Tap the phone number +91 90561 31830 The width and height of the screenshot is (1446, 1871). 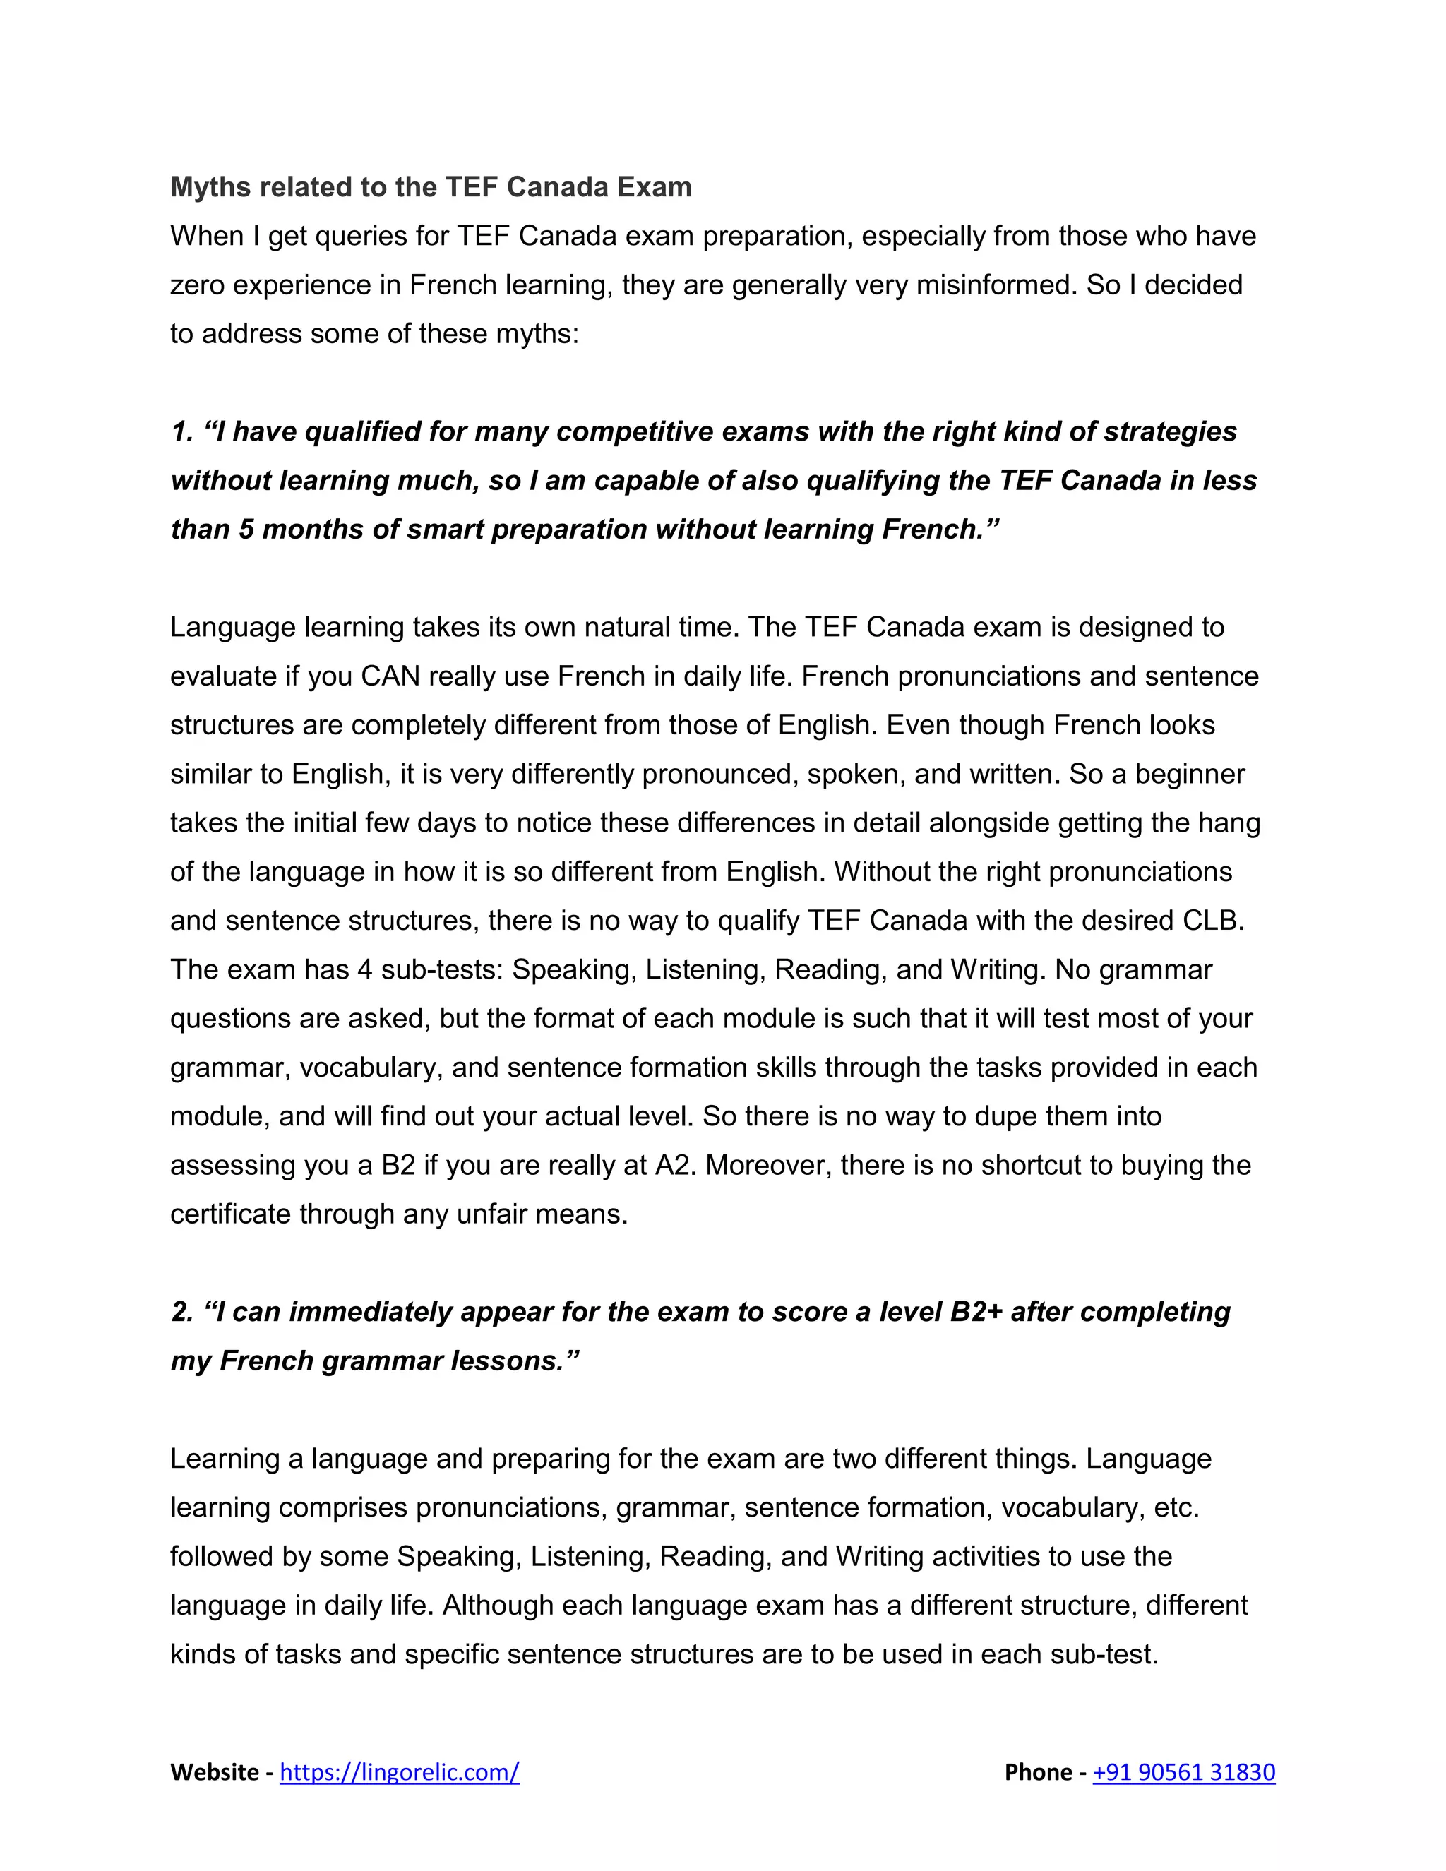[1184, 1771]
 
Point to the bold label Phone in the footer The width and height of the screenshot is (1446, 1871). [1038, 1771]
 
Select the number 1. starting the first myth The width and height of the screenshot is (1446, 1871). [181, 432]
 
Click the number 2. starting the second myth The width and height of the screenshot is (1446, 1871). [181, 1312]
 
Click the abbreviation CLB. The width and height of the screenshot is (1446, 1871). [1213, 920]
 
